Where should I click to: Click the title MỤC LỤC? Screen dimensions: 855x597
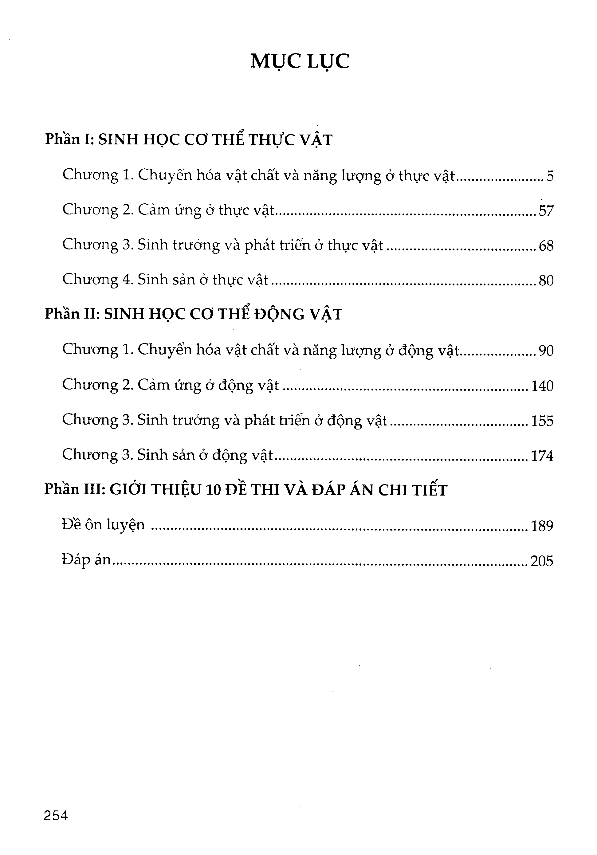tap(300, 62)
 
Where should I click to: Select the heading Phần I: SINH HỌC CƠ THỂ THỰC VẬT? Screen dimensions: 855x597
tap(188, 140)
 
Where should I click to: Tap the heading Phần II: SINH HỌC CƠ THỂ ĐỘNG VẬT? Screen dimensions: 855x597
tap(193, 314)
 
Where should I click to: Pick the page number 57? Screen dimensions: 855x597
tap(546, 211)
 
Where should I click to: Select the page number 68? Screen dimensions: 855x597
tap(546, 246)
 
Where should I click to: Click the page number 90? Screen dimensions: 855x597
tap(546, 351)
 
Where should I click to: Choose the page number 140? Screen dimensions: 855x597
tap(542, 386)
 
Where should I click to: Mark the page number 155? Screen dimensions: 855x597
tap(542, 421)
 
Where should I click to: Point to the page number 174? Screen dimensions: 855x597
tap(542, 456)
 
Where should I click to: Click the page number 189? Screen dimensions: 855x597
tap(542, 526)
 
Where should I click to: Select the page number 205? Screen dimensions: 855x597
tap(542, 561)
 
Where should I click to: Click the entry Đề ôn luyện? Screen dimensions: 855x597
tap(103, 525)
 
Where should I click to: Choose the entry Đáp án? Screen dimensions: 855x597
tap(87, 560)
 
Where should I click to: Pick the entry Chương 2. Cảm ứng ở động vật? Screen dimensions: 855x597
tap(170, 385)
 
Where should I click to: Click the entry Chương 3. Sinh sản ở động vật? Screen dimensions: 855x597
tap(167, 455)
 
